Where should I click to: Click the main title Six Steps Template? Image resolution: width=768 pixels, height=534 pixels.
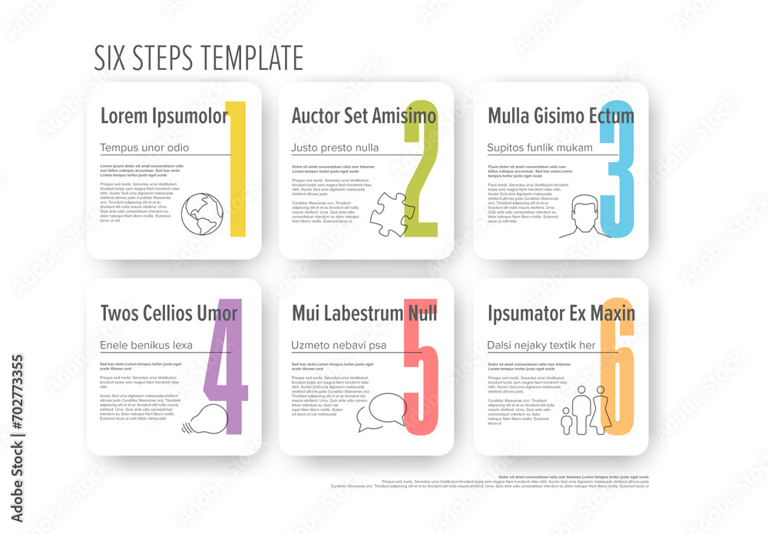198,58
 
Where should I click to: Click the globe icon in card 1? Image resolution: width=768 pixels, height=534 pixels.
202,214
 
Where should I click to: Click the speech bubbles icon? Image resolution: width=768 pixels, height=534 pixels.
382,413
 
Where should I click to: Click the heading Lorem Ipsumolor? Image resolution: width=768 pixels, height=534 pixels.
164,116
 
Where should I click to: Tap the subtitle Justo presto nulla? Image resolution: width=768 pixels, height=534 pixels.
335,148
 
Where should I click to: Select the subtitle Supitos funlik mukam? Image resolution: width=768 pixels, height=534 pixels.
540,148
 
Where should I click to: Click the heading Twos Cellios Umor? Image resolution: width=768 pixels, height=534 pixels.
169,313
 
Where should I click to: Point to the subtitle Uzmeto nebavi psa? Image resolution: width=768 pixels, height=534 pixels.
339,345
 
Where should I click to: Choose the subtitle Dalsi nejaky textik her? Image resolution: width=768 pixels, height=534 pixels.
541,345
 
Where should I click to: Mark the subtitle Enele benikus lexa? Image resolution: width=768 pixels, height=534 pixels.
146,345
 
